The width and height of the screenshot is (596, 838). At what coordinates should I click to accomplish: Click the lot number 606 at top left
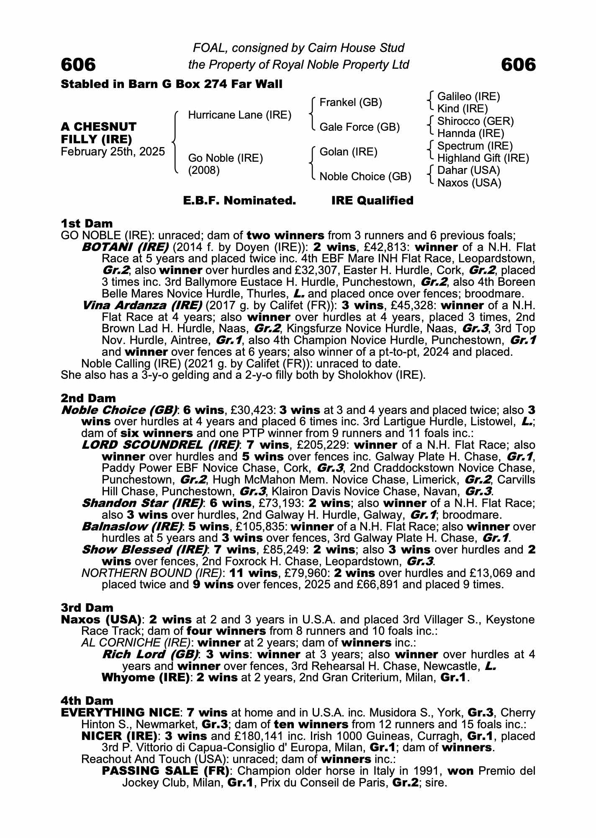click(x=78, y=65)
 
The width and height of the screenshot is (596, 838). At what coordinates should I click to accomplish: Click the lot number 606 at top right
click(x=518, y=65)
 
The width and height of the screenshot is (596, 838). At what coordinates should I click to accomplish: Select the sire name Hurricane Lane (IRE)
click(x=239, y=115)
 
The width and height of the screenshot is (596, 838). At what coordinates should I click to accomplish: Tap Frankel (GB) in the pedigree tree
click(x=350, y=103)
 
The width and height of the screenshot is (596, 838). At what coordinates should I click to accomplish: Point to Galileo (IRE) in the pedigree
click(x=468, y=97)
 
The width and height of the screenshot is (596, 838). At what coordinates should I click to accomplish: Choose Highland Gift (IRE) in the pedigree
click(x=483, y=158)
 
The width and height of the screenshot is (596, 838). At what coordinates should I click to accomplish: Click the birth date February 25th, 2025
click(x=113, y=152)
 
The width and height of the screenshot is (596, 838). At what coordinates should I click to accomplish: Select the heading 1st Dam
click(x=87, y=223)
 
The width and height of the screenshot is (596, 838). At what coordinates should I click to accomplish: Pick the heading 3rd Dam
click(x=87, y=608)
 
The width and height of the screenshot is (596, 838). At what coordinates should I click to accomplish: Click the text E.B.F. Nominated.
click(x=239, y=201)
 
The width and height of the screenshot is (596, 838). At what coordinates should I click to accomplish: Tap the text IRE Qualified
click(x=372, y=201)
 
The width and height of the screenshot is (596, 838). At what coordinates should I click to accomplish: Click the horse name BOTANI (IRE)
click(x=125, y=247)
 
